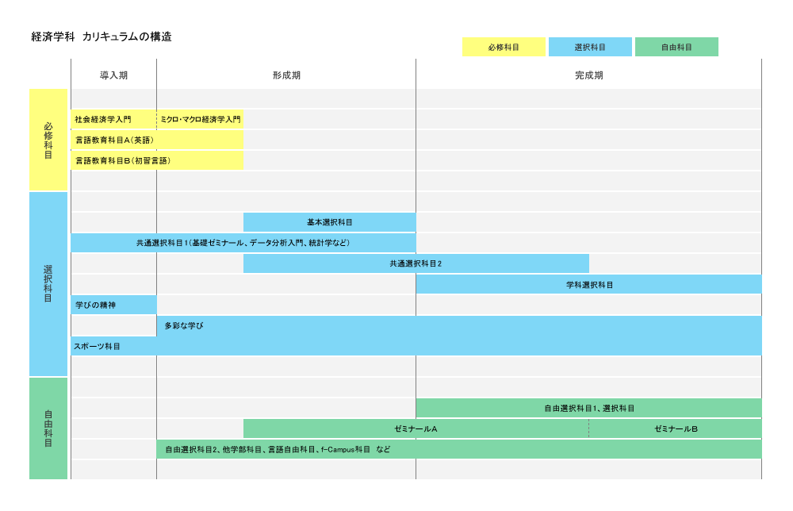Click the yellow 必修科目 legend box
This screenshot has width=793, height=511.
coord(504,47)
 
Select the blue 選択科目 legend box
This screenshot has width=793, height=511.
coord(590,47)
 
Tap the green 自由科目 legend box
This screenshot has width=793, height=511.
coord(676,47)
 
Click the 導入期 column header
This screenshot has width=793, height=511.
coord(113,75)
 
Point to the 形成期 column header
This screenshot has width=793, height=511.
coord(287,75)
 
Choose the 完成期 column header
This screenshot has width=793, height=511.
coord(589,75)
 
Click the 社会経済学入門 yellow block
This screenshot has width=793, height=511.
coord(113,119)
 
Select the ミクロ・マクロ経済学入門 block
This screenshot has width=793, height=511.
coord(201,119)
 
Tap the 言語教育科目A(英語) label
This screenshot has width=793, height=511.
coord(115,140)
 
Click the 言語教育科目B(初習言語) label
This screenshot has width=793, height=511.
coord(123,161)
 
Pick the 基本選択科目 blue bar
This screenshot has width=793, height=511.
coord(330,222)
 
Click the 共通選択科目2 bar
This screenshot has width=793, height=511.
coord(416,263)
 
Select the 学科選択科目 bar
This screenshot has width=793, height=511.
coord(589,284)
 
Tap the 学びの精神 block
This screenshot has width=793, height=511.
coord(113,305)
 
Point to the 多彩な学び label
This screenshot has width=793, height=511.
coord(184,326)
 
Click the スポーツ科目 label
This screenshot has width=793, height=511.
coord(97,347)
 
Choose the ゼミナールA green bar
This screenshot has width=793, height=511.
coord(416,428)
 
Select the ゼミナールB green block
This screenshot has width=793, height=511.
coord(676,428)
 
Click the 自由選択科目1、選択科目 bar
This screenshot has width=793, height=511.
coord(589,408)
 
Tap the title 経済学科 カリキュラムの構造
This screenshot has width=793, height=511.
coord(102,36)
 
